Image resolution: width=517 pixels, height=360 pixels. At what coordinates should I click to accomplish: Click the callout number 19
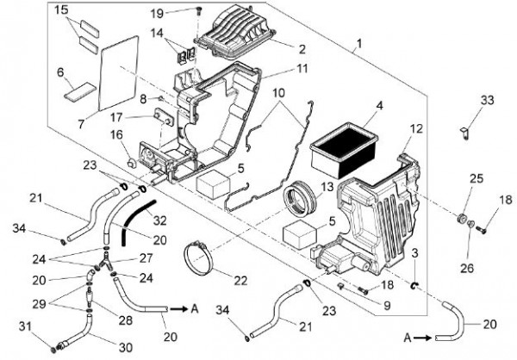click(x=158, y=14)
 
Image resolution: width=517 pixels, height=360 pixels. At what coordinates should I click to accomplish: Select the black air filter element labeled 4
click(x=344, y=152)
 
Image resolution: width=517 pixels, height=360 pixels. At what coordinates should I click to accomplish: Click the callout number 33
click(x=488, y=100)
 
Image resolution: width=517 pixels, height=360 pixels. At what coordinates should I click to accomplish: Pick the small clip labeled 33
click(x=465, y=133)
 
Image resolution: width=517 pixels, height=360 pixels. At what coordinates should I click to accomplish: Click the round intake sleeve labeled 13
click(x=300, y=200)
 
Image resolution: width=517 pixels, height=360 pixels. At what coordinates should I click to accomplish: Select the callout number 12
click(x=417, y=129)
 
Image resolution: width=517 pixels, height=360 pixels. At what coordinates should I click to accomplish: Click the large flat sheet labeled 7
click(x=119, y=73)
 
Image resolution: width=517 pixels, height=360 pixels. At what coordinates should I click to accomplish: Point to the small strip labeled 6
click(x=80, y=90)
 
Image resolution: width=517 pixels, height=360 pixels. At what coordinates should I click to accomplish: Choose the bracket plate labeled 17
click(x=164, y=117)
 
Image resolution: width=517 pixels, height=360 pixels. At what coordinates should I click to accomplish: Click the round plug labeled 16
click(x=133, y=162)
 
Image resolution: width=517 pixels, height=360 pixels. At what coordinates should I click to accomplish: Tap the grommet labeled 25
click(x=461, y=218)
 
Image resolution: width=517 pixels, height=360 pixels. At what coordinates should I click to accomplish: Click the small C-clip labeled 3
click(x=414, y=285)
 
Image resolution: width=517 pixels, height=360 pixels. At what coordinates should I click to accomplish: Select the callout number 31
click(x=25, y=326)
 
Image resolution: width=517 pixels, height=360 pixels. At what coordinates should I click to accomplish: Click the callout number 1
click(x=359, y=44)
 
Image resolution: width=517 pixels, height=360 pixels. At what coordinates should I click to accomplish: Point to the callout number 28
click(x=126, y=320)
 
